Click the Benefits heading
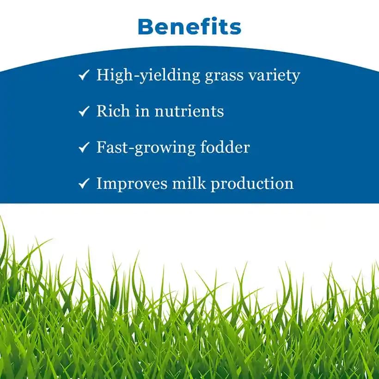[189, 26]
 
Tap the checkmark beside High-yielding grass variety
[84, 75]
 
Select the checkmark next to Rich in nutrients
[84, 111]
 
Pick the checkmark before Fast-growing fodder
[84, 147]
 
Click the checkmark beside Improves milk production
[84, 184]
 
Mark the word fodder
[226, 147]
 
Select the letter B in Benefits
[147, 26]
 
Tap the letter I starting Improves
[99, 183]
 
